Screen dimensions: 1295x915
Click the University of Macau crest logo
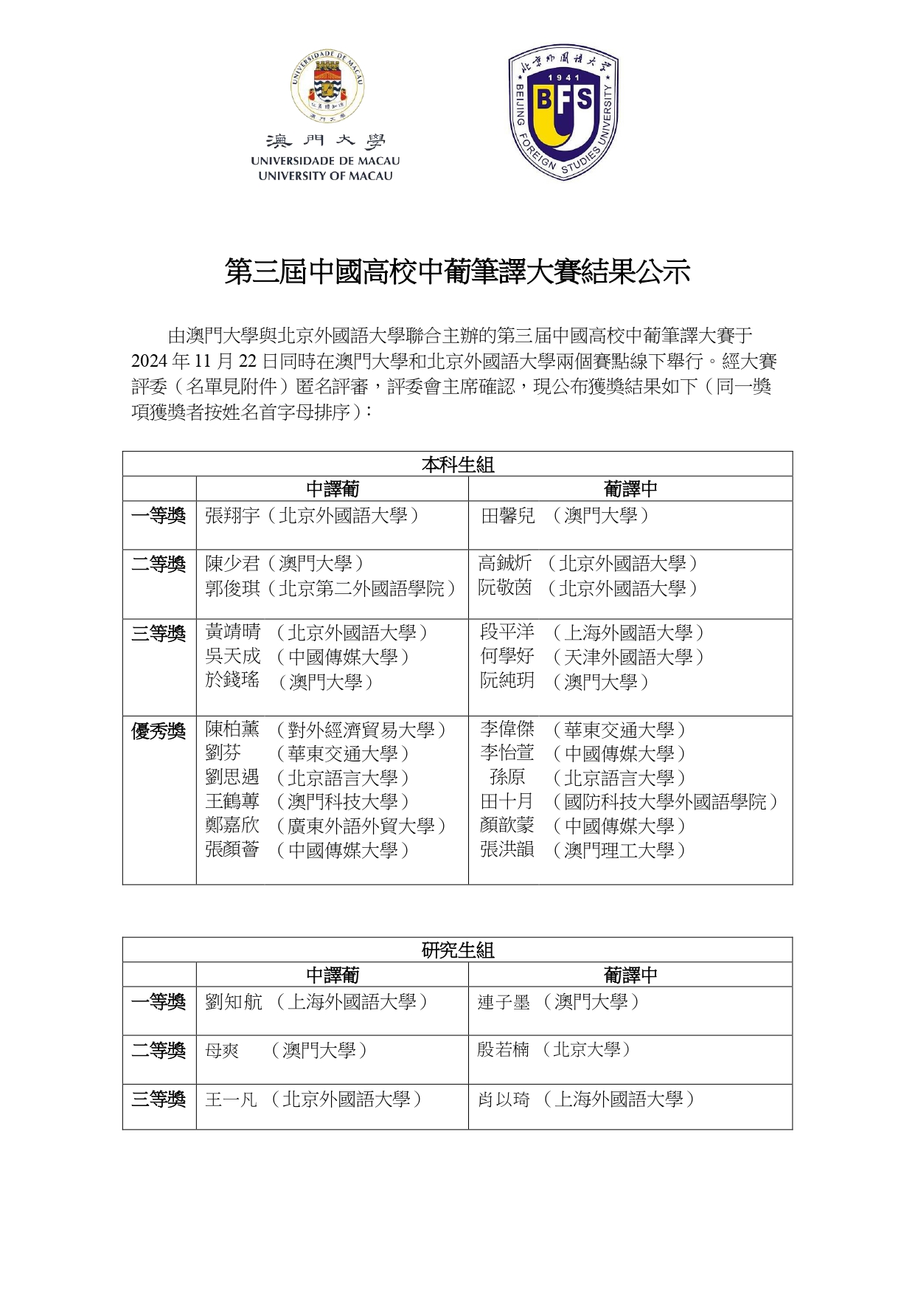(326, 86)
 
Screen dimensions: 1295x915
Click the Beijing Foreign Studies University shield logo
(563, 111)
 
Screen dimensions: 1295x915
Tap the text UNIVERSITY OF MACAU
(325, 176)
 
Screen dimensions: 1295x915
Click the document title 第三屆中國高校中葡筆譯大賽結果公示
(457, 272)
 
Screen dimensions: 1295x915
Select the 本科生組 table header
(457, 465)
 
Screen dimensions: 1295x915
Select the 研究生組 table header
(457, 950)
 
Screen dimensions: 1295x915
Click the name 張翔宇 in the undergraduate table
(232, 516)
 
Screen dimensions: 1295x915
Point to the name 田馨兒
(507, 516)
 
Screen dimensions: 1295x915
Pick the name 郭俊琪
(232, 589)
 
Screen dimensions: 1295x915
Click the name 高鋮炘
(504, 564)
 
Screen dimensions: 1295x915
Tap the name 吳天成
(232, 657)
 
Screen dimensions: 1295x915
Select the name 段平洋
(507, 632)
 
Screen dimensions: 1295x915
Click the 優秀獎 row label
(159, 731)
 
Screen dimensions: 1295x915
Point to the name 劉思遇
(232, 778)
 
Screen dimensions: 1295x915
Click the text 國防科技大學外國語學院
(665, 802)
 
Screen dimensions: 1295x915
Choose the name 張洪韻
(507, 850)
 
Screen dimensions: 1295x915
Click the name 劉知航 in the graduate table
(233, 1002)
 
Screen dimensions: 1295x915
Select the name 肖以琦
(503, 1099)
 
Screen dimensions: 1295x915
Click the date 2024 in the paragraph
(150, 362)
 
